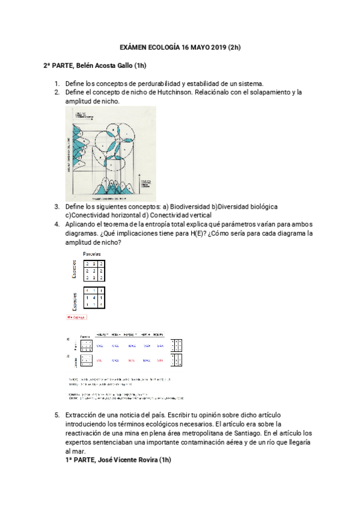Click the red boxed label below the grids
coord(76,316)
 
